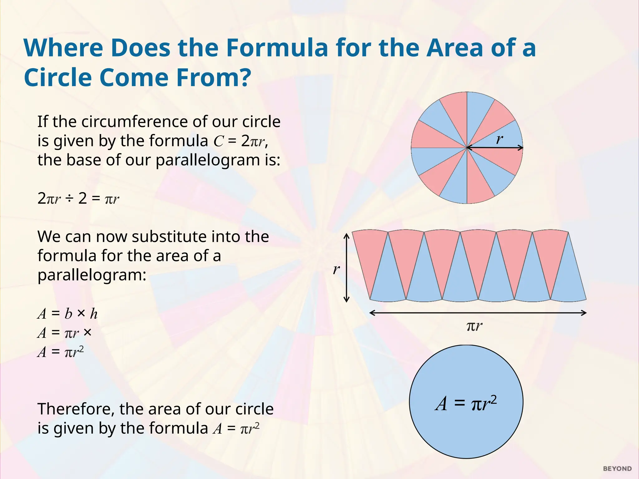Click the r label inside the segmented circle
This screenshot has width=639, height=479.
[500, 139]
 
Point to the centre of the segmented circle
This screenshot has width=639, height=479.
[467, 148]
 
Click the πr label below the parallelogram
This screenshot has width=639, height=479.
[474, 326]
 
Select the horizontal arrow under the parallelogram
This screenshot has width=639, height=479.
[478, 313]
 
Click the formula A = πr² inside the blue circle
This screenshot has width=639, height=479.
[466, 403]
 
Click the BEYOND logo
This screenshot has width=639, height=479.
[617, 469]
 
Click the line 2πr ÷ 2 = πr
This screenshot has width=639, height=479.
[78, 199]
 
